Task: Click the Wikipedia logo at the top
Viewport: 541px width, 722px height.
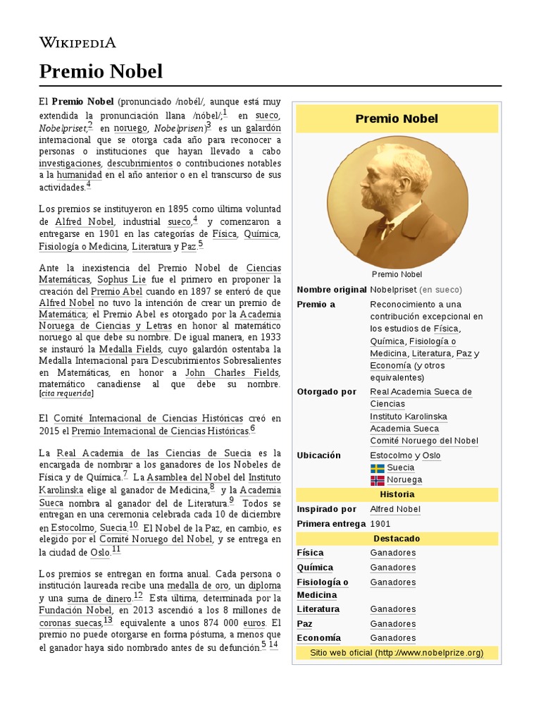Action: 77,43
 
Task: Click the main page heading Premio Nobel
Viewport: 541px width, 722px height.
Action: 101,71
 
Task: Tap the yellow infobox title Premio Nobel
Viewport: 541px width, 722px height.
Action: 397,118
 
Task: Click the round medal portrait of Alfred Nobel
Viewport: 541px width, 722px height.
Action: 397,202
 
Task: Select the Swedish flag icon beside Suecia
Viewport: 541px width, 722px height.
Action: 378,467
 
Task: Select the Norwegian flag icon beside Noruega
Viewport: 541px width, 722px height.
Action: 378,480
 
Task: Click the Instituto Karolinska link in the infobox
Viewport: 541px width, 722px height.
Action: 409,417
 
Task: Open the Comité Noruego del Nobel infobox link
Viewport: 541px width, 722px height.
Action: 424,441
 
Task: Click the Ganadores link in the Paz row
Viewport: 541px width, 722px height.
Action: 392,624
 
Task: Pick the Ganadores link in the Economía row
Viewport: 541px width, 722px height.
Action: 392,638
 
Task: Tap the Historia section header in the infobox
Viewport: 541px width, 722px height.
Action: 397,495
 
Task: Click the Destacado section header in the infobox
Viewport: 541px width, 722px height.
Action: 397,539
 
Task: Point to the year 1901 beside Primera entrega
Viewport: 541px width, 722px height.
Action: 380,524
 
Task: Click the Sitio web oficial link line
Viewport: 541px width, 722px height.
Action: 397,653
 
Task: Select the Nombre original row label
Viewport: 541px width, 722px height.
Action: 331,290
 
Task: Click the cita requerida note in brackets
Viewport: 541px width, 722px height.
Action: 67,393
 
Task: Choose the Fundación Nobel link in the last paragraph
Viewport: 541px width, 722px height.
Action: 75,611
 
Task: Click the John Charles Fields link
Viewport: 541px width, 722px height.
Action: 232,373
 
